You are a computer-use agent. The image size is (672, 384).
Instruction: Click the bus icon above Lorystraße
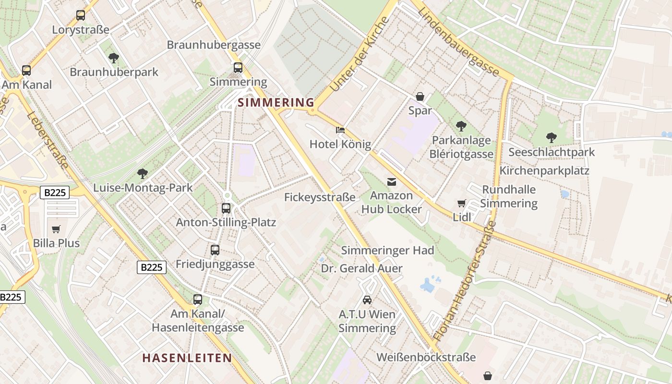[81, 15]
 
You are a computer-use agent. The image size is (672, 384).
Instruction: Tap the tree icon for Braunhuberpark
[114, 58]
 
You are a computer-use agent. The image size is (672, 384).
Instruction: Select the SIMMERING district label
[276, 102]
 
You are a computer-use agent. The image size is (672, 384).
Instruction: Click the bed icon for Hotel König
[340, 130]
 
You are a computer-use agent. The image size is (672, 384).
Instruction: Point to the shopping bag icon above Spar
[420, 96]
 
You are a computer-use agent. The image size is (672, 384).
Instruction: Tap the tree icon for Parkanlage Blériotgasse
[461, 126]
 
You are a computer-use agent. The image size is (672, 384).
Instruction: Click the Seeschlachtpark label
[552, 152]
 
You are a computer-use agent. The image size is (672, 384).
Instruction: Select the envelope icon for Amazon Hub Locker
[392, 181]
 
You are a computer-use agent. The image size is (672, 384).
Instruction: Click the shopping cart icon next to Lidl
[462, 204]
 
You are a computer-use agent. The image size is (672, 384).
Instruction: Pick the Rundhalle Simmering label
[509, 196]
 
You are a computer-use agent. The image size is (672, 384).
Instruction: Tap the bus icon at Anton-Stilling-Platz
[226, 208]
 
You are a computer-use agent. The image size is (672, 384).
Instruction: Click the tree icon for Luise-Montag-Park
[143, 173]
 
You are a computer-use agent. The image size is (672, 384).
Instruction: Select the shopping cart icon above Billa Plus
[56, 229]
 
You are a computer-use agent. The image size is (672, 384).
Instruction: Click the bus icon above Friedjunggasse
[215, 250]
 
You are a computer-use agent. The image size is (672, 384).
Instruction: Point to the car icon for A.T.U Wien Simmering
[367, 300]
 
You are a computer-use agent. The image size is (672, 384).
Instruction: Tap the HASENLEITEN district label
[187, 358]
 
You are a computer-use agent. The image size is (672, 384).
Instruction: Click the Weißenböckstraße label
[426, 357]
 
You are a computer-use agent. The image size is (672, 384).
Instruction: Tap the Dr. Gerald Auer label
[361, 268]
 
